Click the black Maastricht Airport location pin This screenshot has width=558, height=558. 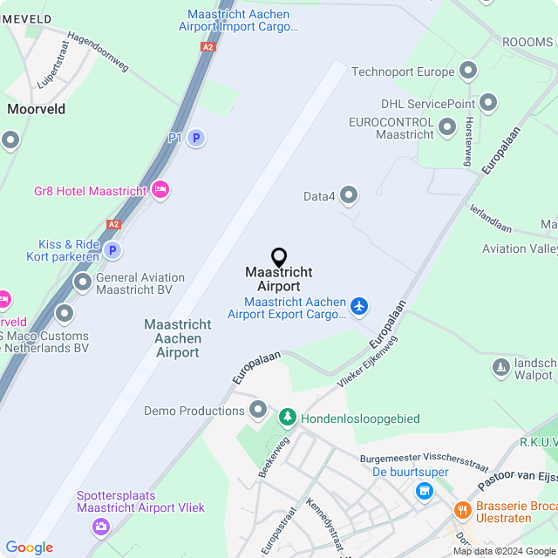[x=279, y=257]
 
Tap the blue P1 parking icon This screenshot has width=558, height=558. [x=197, y=138]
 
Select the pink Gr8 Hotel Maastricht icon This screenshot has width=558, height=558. [x=160, y=189]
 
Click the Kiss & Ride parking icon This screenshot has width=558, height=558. [x=112, y=251]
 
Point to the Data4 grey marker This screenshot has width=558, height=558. [x=349, y=195]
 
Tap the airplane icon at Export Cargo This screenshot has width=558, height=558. [x=358, y=306]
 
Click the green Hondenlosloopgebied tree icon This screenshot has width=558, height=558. [x=287, y=418]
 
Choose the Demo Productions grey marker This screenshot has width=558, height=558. [x=258, y=410]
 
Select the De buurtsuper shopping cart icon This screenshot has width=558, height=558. [x=424, y=491]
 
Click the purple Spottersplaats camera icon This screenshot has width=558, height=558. [x=101, y=526]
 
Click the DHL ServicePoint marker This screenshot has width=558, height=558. [x=488, y=103]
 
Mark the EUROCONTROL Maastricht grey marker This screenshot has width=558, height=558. [x=447, y=128]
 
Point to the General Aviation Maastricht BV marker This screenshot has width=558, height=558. [x=83, y=282]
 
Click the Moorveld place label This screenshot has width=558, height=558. [x=37, y=109]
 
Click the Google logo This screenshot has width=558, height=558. [x=29, y=548]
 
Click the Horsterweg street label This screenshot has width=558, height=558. [x=469, y=141]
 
